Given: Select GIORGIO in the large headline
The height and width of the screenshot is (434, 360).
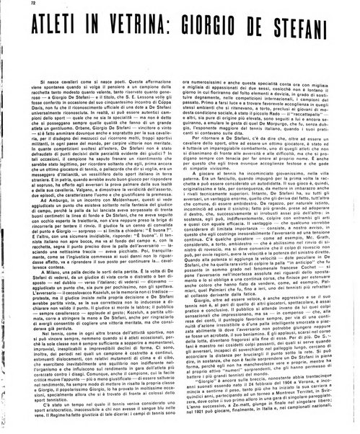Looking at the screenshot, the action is [217, 28].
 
